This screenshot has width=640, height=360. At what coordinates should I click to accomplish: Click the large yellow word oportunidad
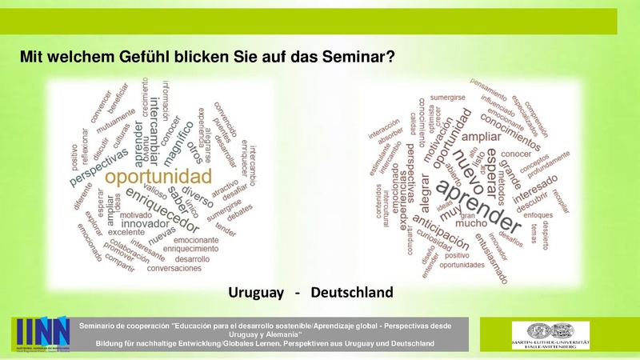tap(158, 175)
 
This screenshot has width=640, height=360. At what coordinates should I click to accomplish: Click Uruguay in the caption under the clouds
tap(257, 292)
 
